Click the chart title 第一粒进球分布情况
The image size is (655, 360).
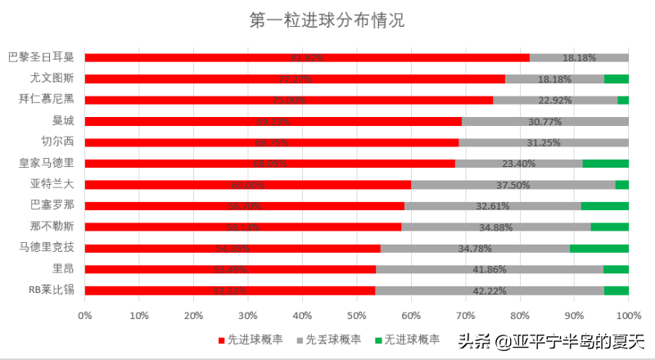click(327, 20)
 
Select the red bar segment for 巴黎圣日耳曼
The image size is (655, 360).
click(307, 58)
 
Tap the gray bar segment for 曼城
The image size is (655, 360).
click(545, 121)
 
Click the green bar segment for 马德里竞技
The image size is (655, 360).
click(599, 248)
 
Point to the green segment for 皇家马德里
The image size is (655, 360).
click(605, 164)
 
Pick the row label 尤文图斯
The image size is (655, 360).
click(52, 79)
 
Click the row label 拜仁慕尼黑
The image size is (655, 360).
click(46, 100)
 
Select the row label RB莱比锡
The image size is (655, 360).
click(51, 290)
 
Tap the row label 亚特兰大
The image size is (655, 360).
click(52, 184)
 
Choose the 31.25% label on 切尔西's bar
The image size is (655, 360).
click(544, 142)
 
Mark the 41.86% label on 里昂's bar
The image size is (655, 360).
click(490, 269)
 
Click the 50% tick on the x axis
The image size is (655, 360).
click(356, 315)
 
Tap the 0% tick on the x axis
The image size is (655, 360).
click(84, 315)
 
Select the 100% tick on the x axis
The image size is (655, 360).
click(628, 315)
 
